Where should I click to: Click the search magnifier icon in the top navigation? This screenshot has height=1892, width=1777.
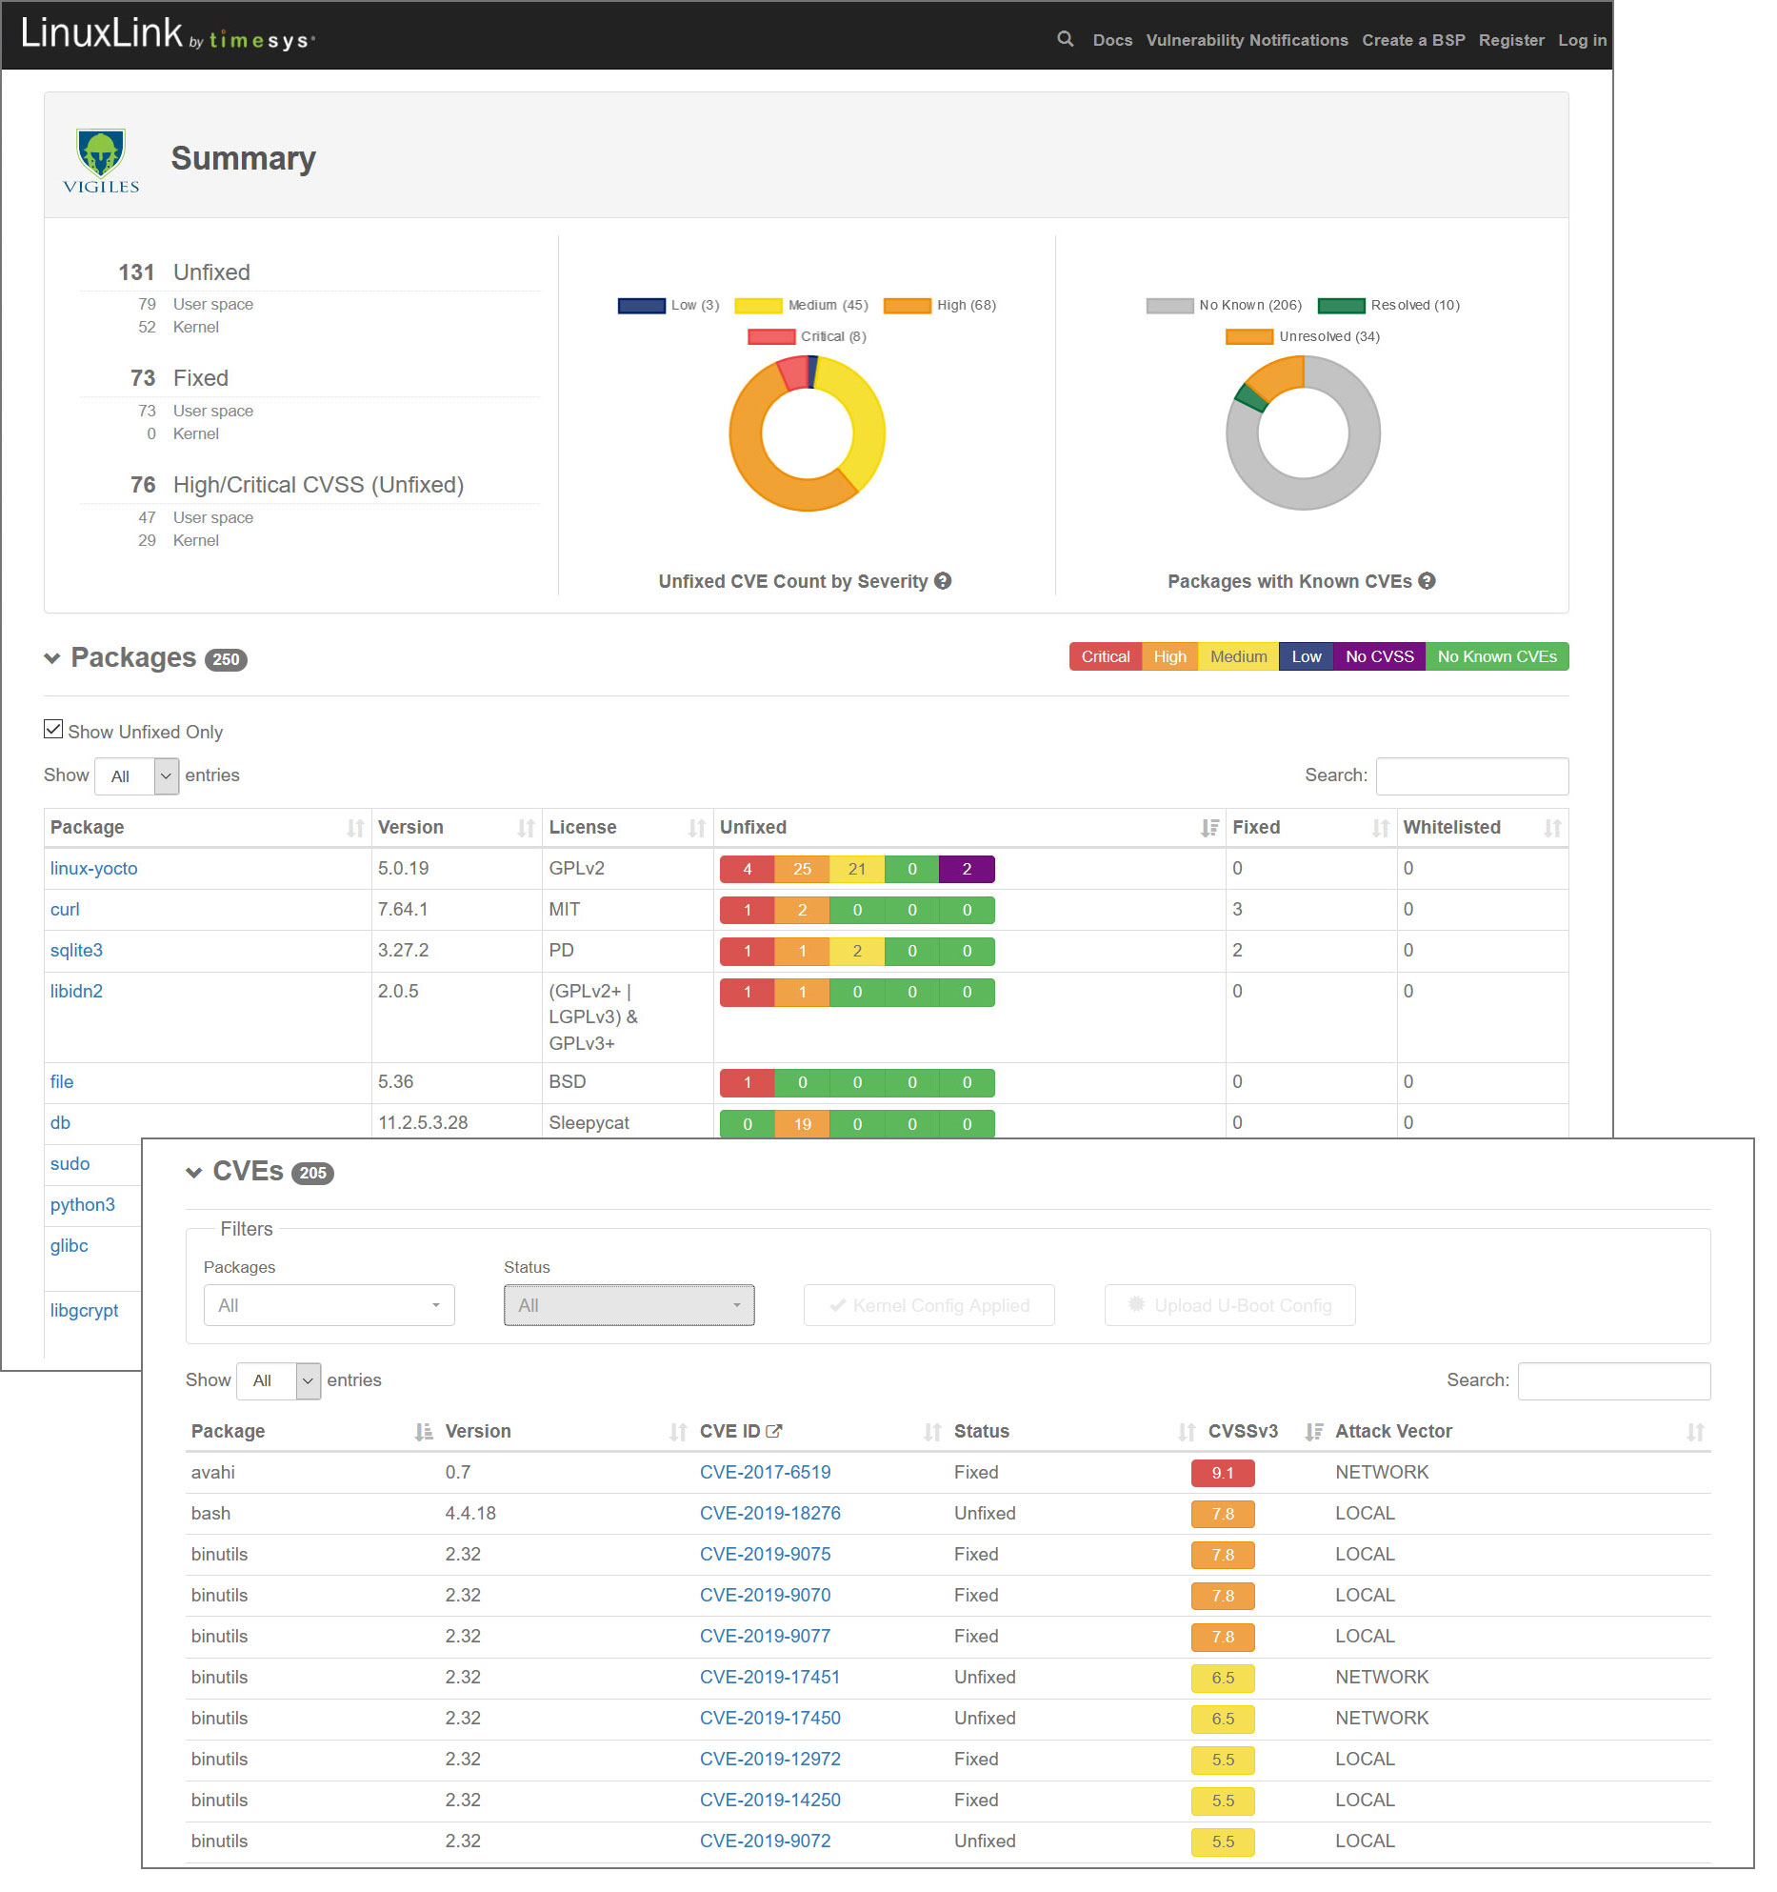(1065, 39)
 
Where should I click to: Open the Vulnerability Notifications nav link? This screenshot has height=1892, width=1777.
(1247, 40)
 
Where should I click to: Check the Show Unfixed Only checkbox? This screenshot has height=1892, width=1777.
(53, 730)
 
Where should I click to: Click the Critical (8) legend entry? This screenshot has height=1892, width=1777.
(808, 336)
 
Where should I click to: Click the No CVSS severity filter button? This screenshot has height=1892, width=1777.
(1379, 656)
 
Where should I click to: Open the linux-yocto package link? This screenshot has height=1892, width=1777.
(93, 868)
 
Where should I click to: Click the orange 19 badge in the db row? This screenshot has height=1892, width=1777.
(802, 1124)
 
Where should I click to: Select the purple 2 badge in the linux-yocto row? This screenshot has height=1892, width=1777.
(966, 869)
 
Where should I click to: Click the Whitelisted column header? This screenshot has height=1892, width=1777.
(1451, 827)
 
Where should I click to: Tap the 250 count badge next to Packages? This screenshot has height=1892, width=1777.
(226, 659)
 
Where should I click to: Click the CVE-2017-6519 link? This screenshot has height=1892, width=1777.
(765, 1472)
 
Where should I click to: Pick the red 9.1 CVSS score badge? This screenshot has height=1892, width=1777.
(1222, 1473)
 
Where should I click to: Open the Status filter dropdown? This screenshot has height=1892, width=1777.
(629, 1305)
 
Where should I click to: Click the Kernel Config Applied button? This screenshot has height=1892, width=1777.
(928, 1305)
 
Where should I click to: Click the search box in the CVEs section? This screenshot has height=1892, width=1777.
(1613, 1380)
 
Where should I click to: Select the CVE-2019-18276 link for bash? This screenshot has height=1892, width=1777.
(769, 1513)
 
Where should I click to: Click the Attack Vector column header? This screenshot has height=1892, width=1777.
(1393, 1431)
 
